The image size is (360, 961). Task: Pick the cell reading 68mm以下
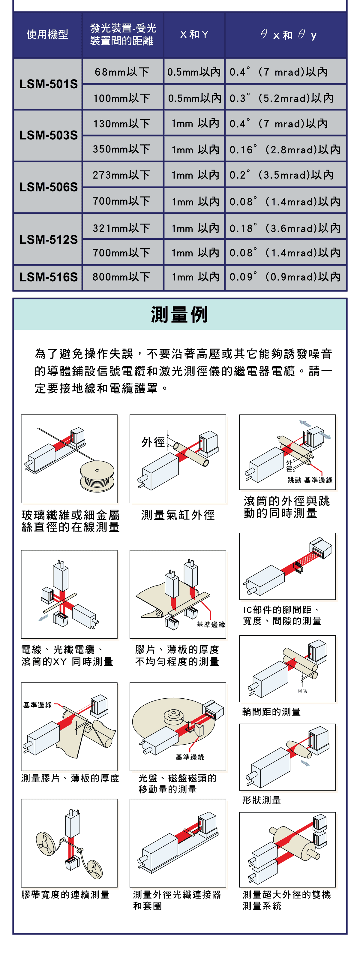(x=122, y=72)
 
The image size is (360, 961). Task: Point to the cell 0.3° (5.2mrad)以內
(x=282, y=98)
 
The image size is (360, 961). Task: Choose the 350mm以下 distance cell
(x=121, y=149)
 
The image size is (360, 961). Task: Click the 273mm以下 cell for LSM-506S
(x=121, y=175)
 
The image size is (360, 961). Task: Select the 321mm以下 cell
(x=121, y=228)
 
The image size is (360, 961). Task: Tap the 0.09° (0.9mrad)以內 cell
(x=285, y=277)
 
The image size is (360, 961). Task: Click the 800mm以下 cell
(x=121, y=277)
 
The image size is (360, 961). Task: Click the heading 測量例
(x=179, y=315)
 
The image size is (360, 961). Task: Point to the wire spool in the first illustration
(x=97, y=476)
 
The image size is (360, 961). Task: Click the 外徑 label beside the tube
(x=153, y=442)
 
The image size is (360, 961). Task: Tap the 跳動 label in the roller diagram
(x=294, y=480)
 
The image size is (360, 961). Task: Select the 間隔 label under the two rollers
(x=302, y=691)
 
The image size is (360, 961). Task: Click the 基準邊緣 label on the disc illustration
(x=190, y=757)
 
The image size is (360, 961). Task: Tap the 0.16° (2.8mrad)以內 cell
(x=285, y=149)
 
